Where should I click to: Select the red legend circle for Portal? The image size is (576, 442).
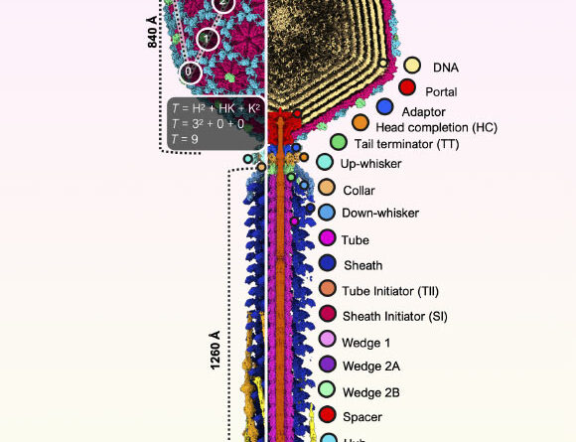[x=406, y=88]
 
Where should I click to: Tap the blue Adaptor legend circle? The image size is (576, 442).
[x=386, y=106]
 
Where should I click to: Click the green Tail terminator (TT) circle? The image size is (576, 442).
[x=338, y=143]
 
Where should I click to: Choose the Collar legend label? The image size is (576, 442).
[x=360, y=189]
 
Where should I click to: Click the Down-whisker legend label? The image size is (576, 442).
[x=380, y=214]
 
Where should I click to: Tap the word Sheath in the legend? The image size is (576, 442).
[x=362, y=265]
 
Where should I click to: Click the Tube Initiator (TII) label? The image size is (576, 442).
[x=389, y=290]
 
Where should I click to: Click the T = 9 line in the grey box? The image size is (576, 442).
[x=188, y=140]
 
